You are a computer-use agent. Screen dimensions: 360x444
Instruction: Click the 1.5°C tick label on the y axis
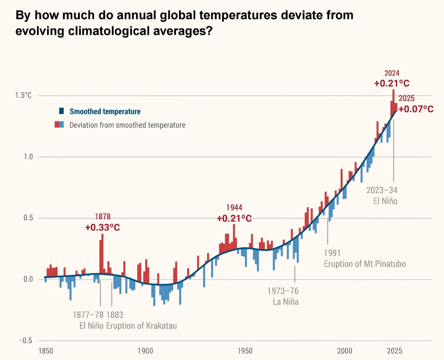[23, 95]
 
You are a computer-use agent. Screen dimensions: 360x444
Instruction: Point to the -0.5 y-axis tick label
[25, 341]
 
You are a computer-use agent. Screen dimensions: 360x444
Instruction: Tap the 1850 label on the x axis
[46, 351]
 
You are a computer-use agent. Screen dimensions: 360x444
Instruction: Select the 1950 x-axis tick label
[245, 351]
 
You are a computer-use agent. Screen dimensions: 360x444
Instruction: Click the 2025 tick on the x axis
[394, 351]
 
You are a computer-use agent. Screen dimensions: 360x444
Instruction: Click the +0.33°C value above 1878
[102, 228]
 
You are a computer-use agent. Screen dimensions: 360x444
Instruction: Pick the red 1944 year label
[234, 208]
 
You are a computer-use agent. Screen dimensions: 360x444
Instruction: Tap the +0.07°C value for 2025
[416, 109]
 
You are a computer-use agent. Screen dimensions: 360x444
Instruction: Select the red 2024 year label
[392, 73]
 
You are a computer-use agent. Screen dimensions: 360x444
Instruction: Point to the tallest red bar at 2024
[393, 101]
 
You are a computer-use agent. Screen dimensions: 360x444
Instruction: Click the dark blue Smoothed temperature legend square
[61, 111]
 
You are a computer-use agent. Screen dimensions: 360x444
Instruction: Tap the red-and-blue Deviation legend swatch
[59, 125]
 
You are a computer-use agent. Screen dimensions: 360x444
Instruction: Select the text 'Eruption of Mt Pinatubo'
[365, 264]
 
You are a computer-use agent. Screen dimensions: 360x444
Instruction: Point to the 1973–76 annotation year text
[283, 291]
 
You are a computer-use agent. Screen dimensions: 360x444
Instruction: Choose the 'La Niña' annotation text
[285, 302]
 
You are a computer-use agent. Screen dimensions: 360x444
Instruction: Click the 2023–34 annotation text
[382, 190]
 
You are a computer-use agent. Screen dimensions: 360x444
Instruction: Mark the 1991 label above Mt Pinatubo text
[332, 253]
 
